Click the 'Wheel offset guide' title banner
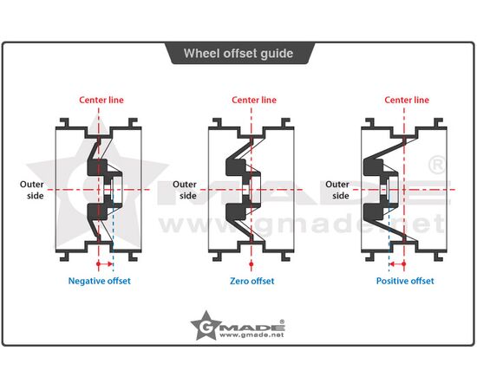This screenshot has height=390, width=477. click(238, 54)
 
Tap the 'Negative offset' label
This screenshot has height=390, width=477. click(100, 281)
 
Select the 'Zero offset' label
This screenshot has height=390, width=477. click(252, 281)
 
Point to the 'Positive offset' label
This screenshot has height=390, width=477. click(405, 281)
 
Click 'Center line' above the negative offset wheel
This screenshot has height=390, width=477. click(101, 100)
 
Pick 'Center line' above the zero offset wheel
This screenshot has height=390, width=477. click(254, 100)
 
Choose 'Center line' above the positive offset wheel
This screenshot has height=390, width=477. click(407, 100)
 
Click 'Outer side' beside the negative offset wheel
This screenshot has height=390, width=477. click(31, 190)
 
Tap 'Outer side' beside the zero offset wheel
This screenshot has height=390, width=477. click(185, 190)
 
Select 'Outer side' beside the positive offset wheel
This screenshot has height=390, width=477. click(337, 190)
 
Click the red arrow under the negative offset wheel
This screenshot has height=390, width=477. click(105, 263)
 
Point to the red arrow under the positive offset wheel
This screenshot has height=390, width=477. click(397, 263)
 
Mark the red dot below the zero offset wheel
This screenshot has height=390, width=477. click(252, 263)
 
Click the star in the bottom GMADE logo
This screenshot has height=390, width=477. click(206, 326)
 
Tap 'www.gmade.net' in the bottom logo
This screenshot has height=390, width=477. click(252, 335)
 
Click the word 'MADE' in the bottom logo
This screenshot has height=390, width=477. click(252, 328)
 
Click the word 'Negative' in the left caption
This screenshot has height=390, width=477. click(85, 281)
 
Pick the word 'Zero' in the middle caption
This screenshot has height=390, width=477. click(238, 281)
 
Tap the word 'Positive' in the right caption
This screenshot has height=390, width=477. click(390, 281)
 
